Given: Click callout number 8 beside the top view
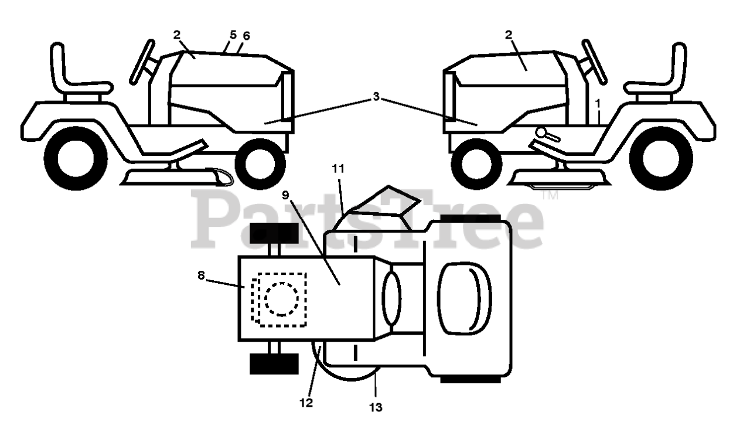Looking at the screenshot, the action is point(202,275).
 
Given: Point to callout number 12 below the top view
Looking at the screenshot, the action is point(306,403).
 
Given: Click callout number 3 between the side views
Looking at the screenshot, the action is point(376,97).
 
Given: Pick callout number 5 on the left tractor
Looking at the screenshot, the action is point(233,35).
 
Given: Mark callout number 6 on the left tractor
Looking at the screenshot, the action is point(246,36).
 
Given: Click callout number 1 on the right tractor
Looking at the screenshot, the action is point(598,103).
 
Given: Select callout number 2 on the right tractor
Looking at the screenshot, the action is point(509,35).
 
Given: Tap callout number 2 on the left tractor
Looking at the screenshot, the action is point(177,35).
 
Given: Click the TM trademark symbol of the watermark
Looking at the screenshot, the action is point(550,196).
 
